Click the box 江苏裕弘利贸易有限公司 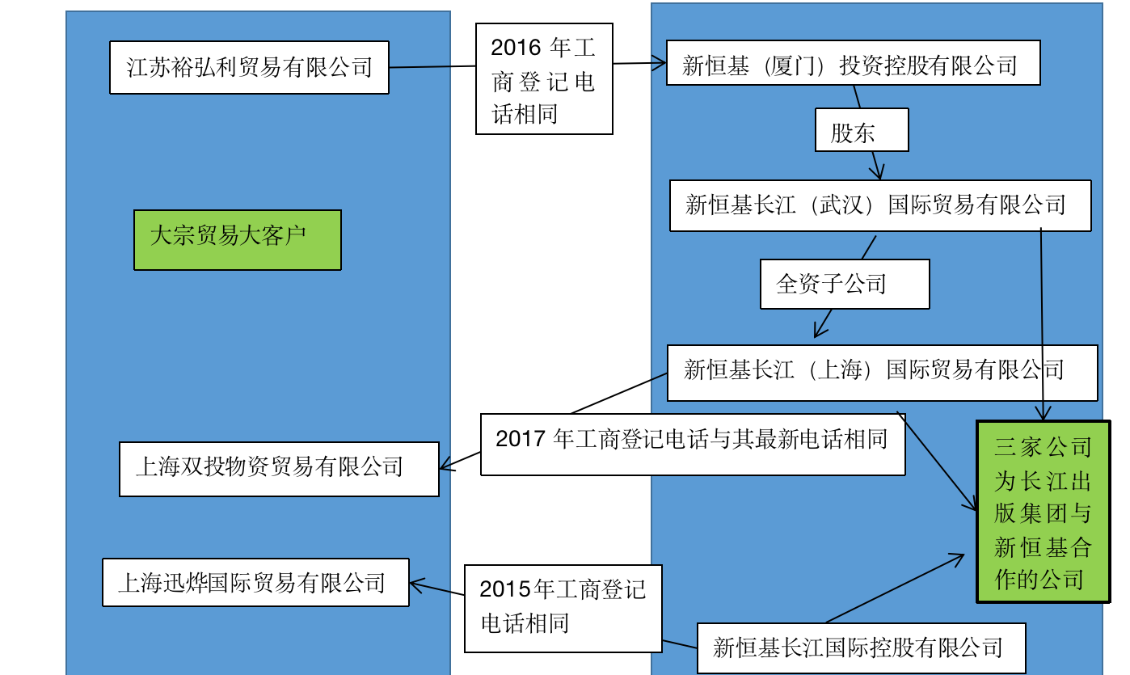point(249,67)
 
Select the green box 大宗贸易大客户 point(238,239)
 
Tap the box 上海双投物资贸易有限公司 point(279,469)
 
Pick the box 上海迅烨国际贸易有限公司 point(255,582)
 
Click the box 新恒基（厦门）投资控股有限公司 point(853,65)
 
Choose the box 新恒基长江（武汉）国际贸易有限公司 point(880,205)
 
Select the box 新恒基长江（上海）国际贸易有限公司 point(882,373)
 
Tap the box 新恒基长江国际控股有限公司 point(861,648)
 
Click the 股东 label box point(862,129)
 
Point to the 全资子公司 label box point(845,284)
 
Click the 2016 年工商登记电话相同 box point(544,79)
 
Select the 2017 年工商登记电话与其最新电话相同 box point(692,444)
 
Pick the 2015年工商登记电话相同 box point(563,609)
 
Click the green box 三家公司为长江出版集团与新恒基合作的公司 point(1043,512)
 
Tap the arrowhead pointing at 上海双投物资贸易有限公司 point(445,466)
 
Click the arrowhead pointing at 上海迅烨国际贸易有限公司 point(415,584)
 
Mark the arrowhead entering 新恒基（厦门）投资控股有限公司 point(660,62)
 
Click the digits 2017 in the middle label point(521,439)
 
